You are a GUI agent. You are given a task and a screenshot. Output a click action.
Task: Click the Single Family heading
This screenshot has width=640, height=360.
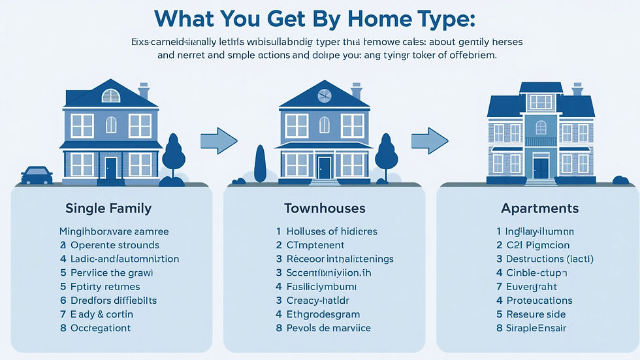[108, 209]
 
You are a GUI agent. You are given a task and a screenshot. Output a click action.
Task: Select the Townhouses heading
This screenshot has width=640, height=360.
[325, 209]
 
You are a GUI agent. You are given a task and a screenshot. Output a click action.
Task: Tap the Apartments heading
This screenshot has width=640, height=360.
[539, 209]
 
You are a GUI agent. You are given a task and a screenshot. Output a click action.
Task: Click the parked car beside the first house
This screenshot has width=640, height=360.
[37, 175]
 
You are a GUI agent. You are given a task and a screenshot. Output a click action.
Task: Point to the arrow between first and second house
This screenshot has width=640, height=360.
[218, 139]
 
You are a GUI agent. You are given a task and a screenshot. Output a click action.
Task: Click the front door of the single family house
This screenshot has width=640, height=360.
[111, 168]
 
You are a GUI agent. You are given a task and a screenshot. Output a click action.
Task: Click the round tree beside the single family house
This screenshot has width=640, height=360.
[174, 154]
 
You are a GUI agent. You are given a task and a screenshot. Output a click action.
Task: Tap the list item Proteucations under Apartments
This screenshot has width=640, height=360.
[539, 301]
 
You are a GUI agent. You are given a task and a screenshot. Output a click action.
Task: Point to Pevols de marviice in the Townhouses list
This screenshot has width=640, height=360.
[328, 328]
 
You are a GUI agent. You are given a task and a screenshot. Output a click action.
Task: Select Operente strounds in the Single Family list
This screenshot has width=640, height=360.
[114, 245]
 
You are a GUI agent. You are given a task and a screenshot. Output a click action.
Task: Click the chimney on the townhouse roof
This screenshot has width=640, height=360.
[357, 90]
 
